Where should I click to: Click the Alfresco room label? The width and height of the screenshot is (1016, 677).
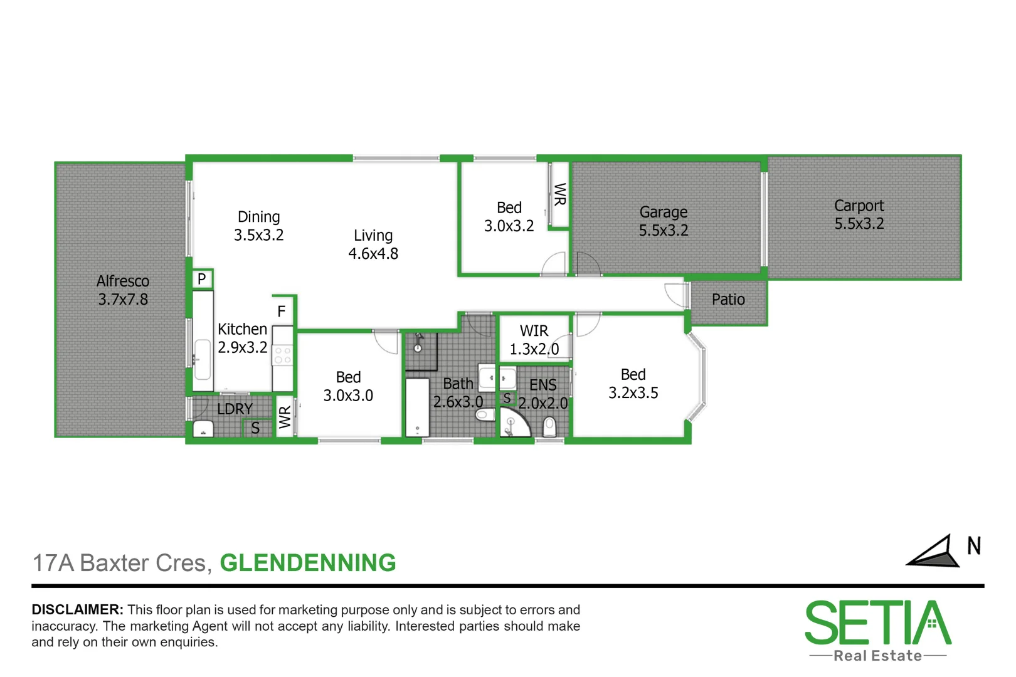pyautogui.click(x=123, y=281)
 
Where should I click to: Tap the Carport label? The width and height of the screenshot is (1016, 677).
pyautogui.click(x=859, y=206)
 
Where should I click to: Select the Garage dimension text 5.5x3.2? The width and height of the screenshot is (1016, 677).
pyautogui.click(x=664, y=231)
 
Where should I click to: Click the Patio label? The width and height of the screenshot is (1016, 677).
pyautogui.click(x=728, y=300)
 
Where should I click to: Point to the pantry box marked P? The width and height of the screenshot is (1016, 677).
pyautogui.click(x=202, y=279)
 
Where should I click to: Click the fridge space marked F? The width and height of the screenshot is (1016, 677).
pyautogui.click(x=282, y=311)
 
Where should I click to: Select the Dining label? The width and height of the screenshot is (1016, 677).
pyautogui.click(x=258, y=217)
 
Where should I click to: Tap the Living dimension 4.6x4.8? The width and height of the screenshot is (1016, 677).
pyautogui.click(x=373, y=254)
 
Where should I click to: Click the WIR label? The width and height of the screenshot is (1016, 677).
pyautogui.click(x=534, y=330)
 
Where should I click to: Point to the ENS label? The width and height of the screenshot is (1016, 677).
pyautogui.click(x=543, y=385)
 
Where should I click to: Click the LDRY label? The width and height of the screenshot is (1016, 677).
pyautogui.click(x=235, y=409)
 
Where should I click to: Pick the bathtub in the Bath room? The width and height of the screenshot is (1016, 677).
pyautogui.click(x=417, y=407)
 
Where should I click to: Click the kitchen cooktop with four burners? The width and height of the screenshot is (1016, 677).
pyautogui.click(x=283, y=356)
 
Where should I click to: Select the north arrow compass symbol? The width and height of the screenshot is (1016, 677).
pyautogui.click(x=934, y=552)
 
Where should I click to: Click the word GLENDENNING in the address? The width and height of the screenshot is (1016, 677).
pyautogui.click(x=308, y=563)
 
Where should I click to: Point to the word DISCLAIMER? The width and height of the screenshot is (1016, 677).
pyautogui.click(x=77, y=610)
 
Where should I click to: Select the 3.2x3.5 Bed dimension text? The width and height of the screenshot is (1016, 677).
pyautogui.click(x=633, y=393)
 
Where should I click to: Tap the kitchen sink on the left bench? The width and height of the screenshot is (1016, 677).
pyautogui.click(x=202, y=359)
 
